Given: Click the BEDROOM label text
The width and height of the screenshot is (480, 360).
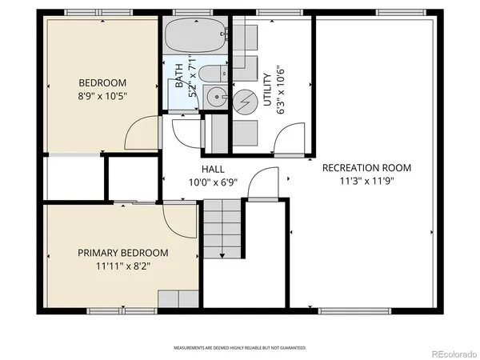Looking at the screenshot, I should tap(102, 82).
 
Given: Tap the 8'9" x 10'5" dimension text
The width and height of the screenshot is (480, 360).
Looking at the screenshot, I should tap(102, 95).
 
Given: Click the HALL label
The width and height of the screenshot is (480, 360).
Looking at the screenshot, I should tap(213, 170).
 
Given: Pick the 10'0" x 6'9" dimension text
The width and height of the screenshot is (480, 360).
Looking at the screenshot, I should tap(213, 182).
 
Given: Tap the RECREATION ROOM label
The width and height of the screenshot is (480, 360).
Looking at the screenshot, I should tap(366, 168).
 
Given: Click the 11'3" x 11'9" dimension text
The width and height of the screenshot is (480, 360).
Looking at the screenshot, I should tap(366, 181).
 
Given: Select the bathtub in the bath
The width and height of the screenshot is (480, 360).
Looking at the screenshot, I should tap(194, 36).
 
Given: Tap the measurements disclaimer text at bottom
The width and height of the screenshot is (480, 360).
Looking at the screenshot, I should tap(240, 348).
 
